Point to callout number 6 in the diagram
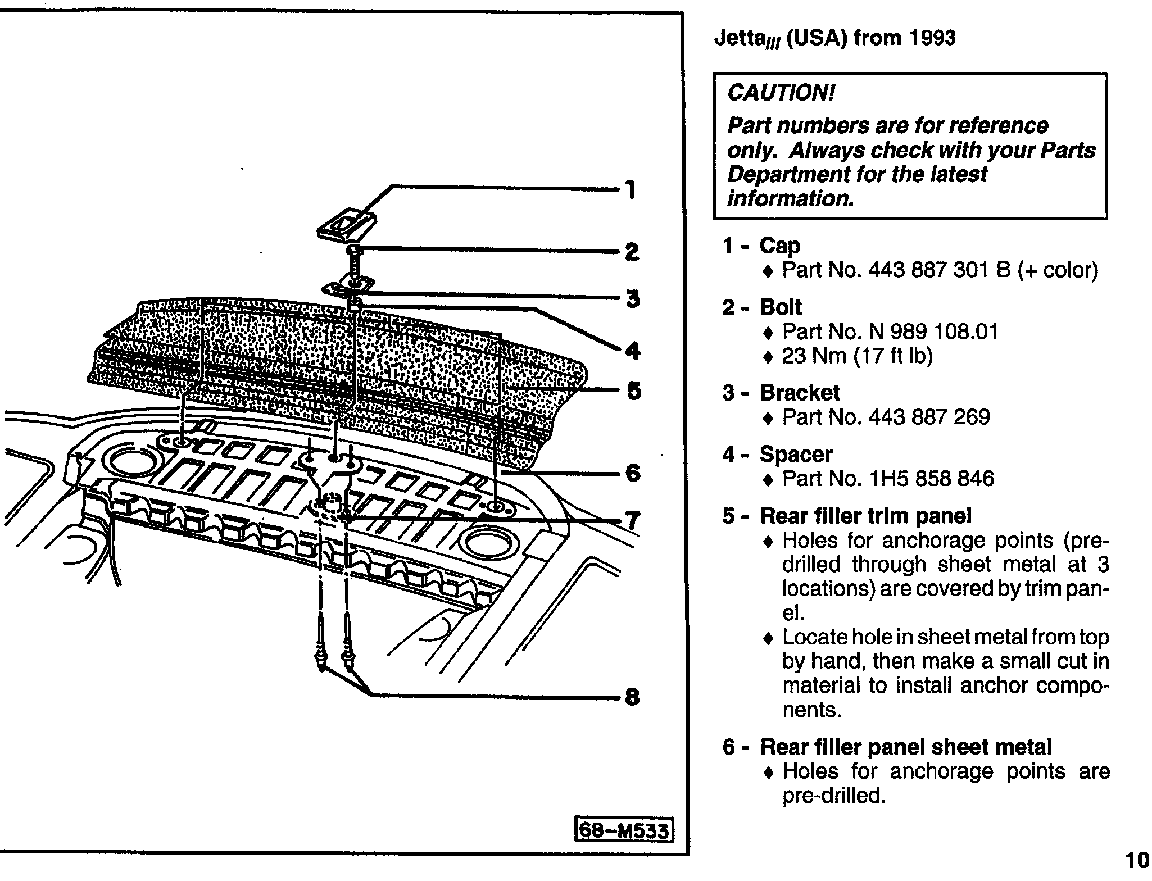click(x=633, y=473)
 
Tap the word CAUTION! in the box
click(x=782, y=93)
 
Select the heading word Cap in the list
click(x=780, y=246)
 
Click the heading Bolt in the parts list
click(x=781, y=307)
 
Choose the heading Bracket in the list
click(x=800, y=393)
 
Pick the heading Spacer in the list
click(x=796, y=454)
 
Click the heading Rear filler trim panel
click(x=865, y=516)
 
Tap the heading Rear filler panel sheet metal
click(x=905, y=747)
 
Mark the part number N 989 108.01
click(x=933, y=331)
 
